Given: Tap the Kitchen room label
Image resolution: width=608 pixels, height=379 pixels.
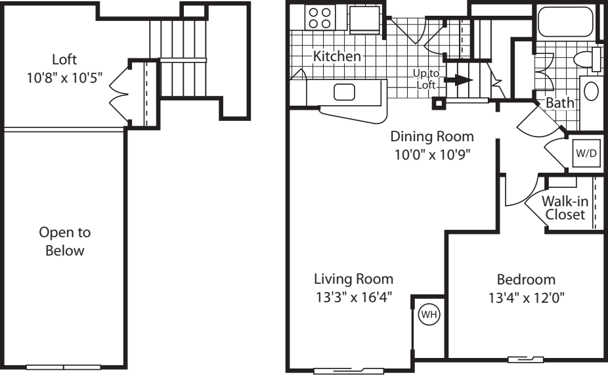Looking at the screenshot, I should [337, 56].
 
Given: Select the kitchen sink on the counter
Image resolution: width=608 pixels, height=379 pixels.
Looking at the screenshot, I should [345, 92].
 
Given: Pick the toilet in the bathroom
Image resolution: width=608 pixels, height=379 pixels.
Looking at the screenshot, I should [586, 59].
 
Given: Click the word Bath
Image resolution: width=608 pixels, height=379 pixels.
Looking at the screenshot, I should [559, 103].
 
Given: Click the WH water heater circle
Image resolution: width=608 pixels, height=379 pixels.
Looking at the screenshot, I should [428, 315].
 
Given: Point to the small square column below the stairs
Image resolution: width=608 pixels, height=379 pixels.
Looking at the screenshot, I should [437, 103].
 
